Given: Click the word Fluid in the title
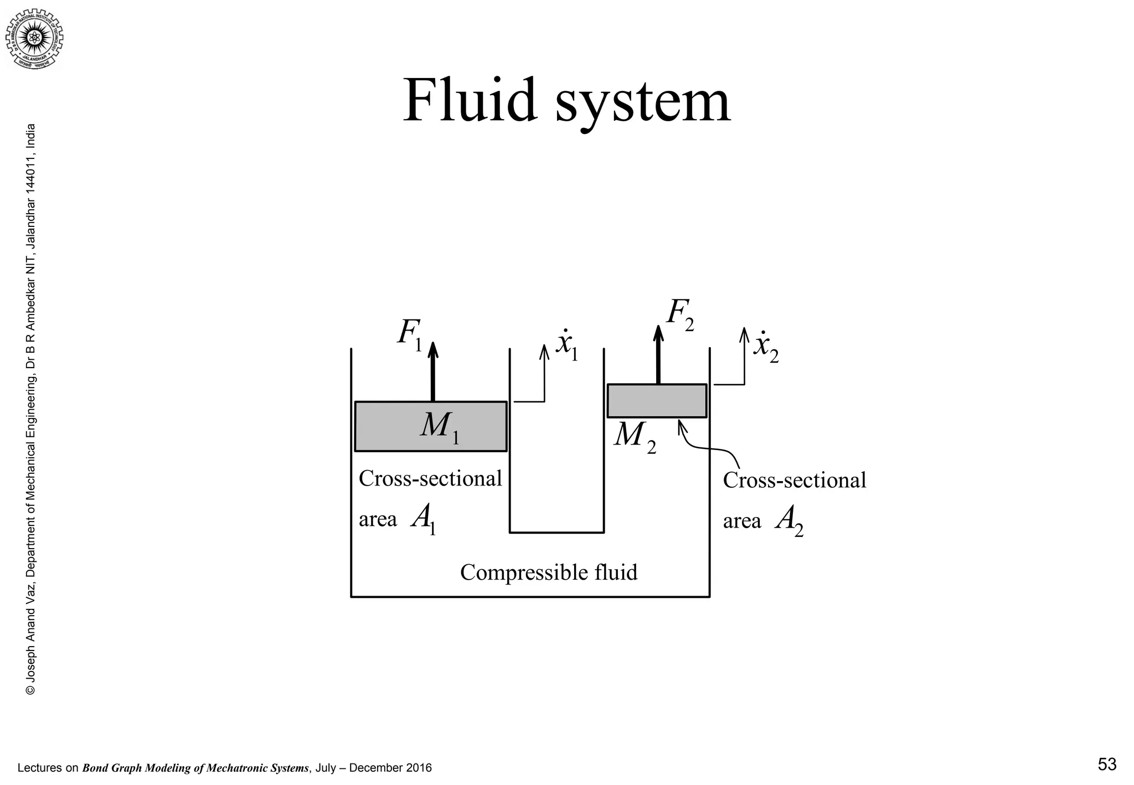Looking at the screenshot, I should click(470, 101).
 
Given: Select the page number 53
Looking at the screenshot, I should click(1107, 765).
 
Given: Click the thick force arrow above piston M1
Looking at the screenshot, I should click(433, 371).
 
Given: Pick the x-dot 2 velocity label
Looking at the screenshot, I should click(766, 347).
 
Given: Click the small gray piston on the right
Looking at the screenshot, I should click(657, 400).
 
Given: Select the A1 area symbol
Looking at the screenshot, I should click(424, 520).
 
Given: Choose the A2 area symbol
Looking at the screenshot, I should click(789, 521).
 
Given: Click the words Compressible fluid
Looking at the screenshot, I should click(548, 572).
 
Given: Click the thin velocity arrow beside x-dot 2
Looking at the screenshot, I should click(744, 357).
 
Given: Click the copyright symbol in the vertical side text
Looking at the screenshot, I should click(31, 690).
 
